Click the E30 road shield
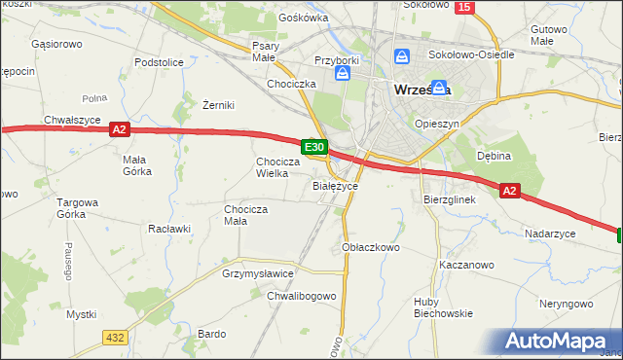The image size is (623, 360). click(313, 147)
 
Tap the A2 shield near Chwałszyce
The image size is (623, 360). click(120, 128)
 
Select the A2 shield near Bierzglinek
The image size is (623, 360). click(511, 192)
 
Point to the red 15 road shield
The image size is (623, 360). click(464, 8)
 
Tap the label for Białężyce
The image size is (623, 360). click(336, 185)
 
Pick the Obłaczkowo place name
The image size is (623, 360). click(372, 248)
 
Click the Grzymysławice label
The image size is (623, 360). click(258, 274)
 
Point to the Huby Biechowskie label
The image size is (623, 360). click(443, 306)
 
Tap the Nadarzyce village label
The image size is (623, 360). click(551, 234)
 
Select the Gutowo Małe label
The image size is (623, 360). click(550, 36)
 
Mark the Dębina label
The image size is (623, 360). click(494, 155)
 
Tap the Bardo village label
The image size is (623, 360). click(211, 333)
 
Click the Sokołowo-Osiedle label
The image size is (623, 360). click(471, 54)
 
